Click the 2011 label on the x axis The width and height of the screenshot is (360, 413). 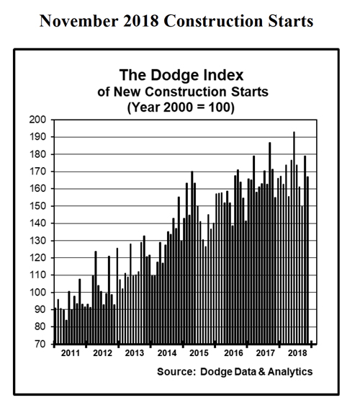click(70, 354)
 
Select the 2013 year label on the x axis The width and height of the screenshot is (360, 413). click(135, 354)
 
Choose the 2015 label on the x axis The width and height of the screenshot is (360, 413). click(199, 354)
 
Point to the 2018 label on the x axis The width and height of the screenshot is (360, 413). click(296, 354)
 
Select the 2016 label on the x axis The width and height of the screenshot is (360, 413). click(232, 354)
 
